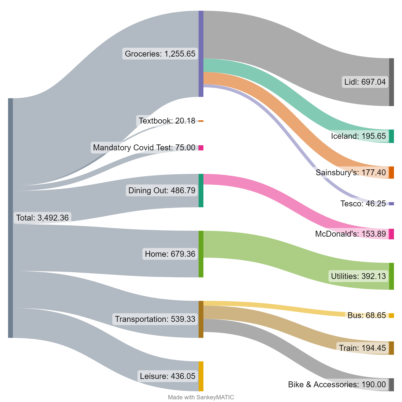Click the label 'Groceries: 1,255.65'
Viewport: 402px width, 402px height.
(160, 54)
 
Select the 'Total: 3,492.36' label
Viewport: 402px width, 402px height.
(42, 218)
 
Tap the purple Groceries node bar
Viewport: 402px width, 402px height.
(201, 54)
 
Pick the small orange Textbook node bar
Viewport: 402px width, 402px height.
(201, 121)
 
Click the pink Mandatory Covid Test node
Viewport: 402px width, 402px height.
(201, 148)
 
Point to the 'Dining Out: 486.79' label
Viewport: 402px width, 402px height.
(162, 191)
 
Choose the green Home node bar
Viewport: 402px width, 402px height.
(201, 254)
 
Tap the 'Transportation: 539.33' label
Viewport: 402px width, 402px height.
(155, 319)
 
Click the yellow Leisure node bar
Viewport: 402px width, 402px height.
(201, 376)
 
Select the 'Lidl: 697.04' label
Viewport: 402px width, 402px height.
(365, 82)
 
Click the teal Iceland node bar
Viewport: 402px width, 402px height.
(392, 136)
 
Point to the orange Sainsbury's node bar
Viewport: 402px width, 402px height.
(392, 172)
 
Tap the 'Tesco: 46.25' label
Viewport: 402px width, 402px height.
(363, 204)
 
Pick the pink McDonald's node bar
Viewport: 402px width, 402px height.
(392, 234)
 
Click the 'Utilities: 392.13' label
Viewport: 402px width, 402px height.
(358, 276)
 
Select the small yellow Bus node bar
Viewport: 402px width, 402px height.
(392, 315)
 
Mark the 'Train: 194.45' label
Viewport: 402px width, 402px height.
(362, 348)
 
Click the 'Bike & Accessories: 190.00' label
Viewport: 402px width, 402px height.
(337, 385)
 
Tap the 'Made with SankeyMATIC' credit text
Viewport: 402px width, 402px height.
(201, 397)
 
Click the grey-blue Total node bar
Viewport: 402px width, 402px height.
(10, 218)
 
